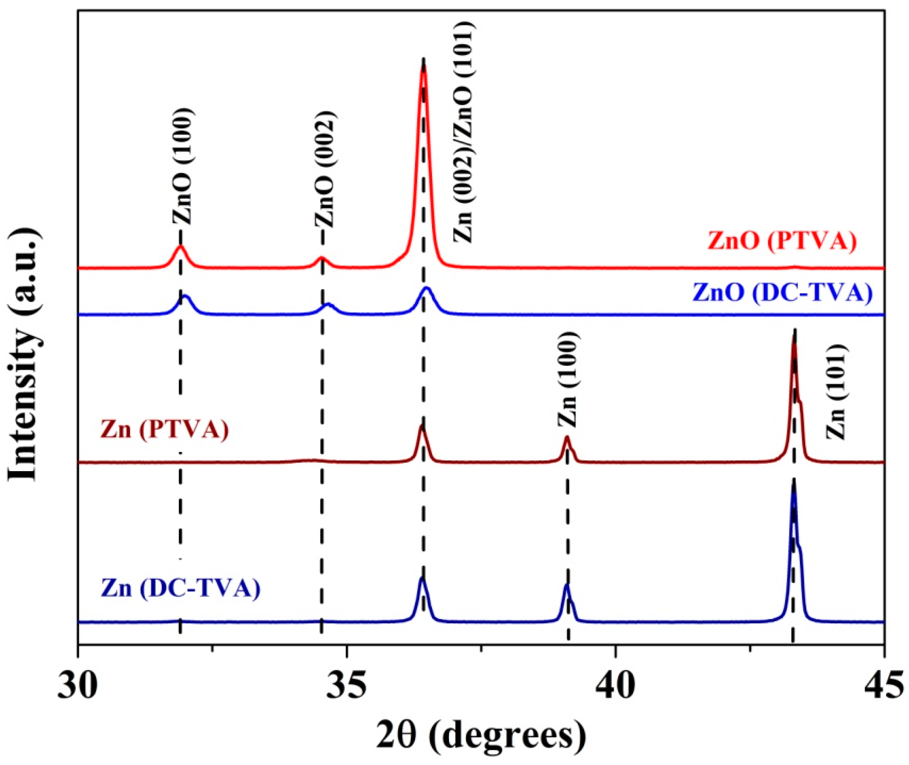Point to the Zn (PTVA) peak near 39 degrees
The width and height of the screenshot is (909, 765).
(566, 438)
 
